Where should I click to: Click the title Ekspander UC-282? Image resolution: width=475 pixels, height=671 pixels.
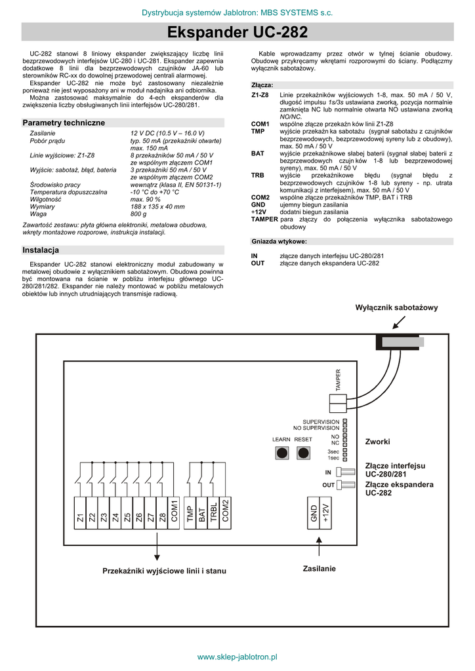click(237, 32)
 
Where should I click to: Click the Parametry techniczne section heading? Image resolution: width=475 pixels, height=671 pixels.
click(64, 123)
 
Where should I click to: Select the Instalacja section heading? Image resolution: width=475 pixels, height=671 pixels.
click(41, 250)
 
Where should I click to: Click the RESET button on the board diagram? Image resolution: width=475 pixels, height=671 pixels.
click(304, 453)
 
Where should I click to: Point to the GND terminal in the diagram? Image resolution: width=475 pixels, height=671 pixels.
click(314, 512)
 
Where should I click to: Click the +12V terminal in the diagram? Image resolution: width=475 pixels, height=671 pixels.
click(325, 512)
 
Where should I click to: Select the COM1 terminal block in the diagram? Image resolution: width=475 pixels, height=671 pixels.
click(175, 511)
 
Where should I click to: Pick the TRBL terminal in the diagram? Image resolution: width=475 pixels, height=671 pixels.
click(214, 512)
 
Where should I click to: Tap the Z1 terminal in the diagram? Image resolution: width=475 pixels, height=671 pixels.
click(80, 517)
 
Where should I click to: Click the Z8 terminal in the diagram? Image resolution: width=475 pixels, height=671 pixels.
click(163, 517)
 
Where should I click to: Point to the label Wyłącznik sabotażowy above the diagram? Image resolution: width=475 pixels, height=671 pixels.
click(396, 307)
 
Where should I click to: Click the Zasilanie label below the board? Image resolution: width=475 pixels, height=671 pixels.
click(320, 568)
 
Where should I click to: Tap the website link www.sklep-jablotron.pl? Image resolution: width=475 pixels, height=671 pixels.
click(237, 656)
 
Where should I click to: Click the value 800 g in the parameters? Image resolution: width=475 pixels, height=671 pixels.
click(138, 214)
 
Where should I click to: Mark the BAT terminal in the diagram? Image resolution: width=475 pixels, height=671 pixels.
click(202, 512)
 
